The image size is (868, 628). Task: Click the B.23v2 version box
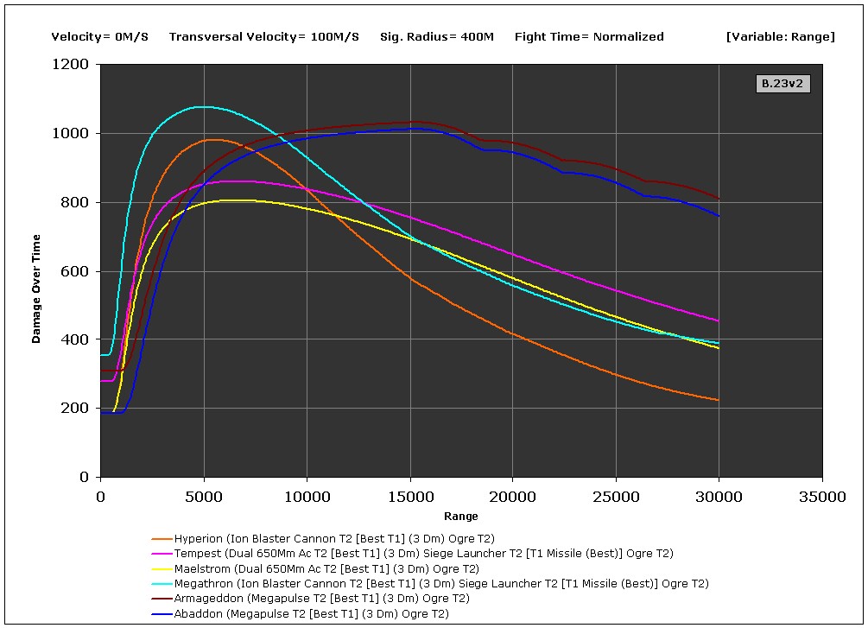tap(783, 84)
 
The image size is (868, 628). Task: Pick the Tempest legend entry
tap(423, 554)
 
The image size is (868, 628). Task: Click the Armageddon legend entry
tap(321, 599)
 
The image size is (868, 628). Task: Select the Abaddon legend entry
tap(311, 614)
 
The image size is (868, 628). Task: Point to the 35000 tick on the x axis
tap(821, 497)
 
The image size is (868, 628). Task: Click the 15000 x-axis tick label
tap(409, 497)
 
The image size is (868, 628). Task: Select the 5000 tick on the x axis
tap(204, 497)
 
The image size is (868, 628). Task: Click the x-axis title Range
tap(461, 517)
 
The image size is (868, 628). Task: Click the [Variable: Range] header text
tap(781, 36)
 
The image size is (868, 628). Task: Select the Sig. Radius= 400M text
tap(436, 36)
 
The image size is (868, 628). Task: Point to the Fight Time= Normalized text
tap(589, 36)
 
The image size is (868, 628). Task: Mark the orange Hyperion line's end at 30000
tap(718, 400)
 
